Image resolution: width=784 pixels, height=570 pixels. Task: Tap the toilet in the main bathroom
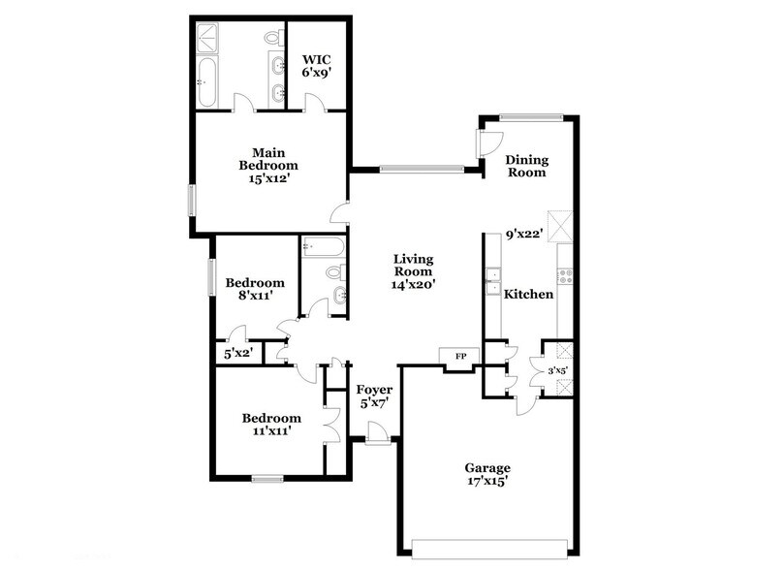pos(273,37)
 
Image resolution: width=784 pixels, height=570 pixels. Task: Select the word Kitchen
pos(529,294)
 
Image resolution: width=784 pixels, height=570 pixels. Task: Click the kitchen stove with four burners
pos(565,275)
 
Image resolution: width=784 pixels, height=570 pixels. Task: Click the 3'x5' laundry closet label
pos(558,369)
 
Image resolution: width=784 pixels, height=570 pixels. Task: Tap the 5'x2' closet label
pos(237,354)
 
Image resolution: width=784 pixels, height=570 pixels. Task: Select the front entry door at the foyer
pos(379,441)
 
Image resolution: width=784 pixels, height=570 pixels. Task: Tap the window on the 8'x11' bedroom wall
pos(210,275)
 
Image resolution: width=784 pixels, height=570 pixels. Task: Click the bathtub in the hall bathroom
pos(321,247)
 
